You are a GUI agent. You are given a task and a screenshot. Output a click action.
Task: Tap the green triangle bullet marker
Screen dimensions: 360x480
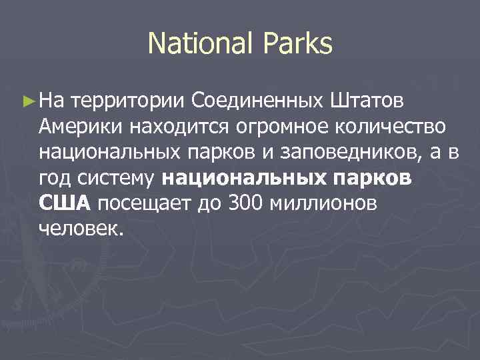point(27,101)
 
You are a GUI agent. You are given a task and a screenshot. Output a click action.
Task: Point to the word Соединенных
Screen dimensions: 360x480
point(257,101)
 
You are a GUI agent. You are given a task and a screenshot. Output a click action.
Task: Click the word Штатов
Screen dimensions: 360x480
point(366,101)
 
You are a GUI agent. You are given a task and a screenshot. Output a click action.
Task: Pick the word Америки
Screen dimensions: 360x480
point(81,126)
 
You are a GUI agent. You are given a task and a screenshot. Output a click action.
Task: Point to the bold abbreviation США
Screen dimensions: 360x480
point(65,203)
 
